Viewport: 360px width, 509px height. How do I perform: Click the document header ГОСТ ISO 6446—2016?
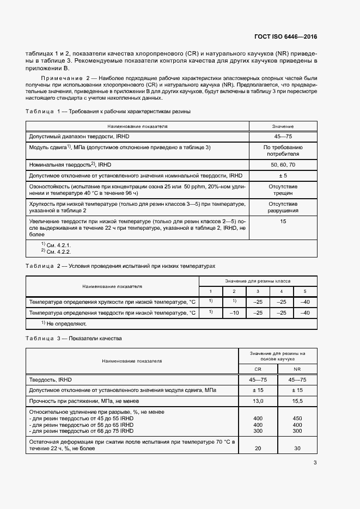click(285, 36)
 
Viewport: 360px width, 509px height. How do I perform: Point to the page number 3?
click(315, 463)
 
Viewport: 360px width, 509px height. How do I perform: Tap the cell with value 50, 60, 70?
click(283, 164)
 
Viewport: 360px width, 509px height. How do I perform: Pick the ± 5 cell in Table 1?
click(283, 175)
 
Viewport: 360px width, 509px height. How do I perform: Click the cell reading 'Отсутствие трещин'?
click(283, 189)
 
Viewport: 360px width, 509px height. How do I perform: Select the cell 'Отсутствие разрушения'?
click(283, 207)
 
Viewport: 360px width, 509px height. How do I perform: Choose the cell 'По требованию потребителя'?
click(283, 151)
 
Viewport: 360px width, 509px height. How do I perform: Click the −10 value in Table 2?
click(234, 313)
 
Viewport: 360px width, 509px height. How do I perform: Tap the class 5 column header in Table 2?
click(305, 291)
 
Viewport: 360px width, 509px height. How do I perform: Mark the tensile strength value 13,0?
click(258, 401)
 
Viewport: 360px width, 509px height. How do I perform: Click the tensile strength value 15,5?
click(297, 401)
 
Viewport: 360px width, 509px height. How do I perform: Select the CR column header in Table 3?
click(258, 369)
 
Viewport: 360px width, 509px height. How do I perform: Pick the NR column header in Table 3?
click(297, 369)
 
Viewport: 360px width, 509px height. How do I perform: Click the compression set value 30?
click(297, 449)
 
